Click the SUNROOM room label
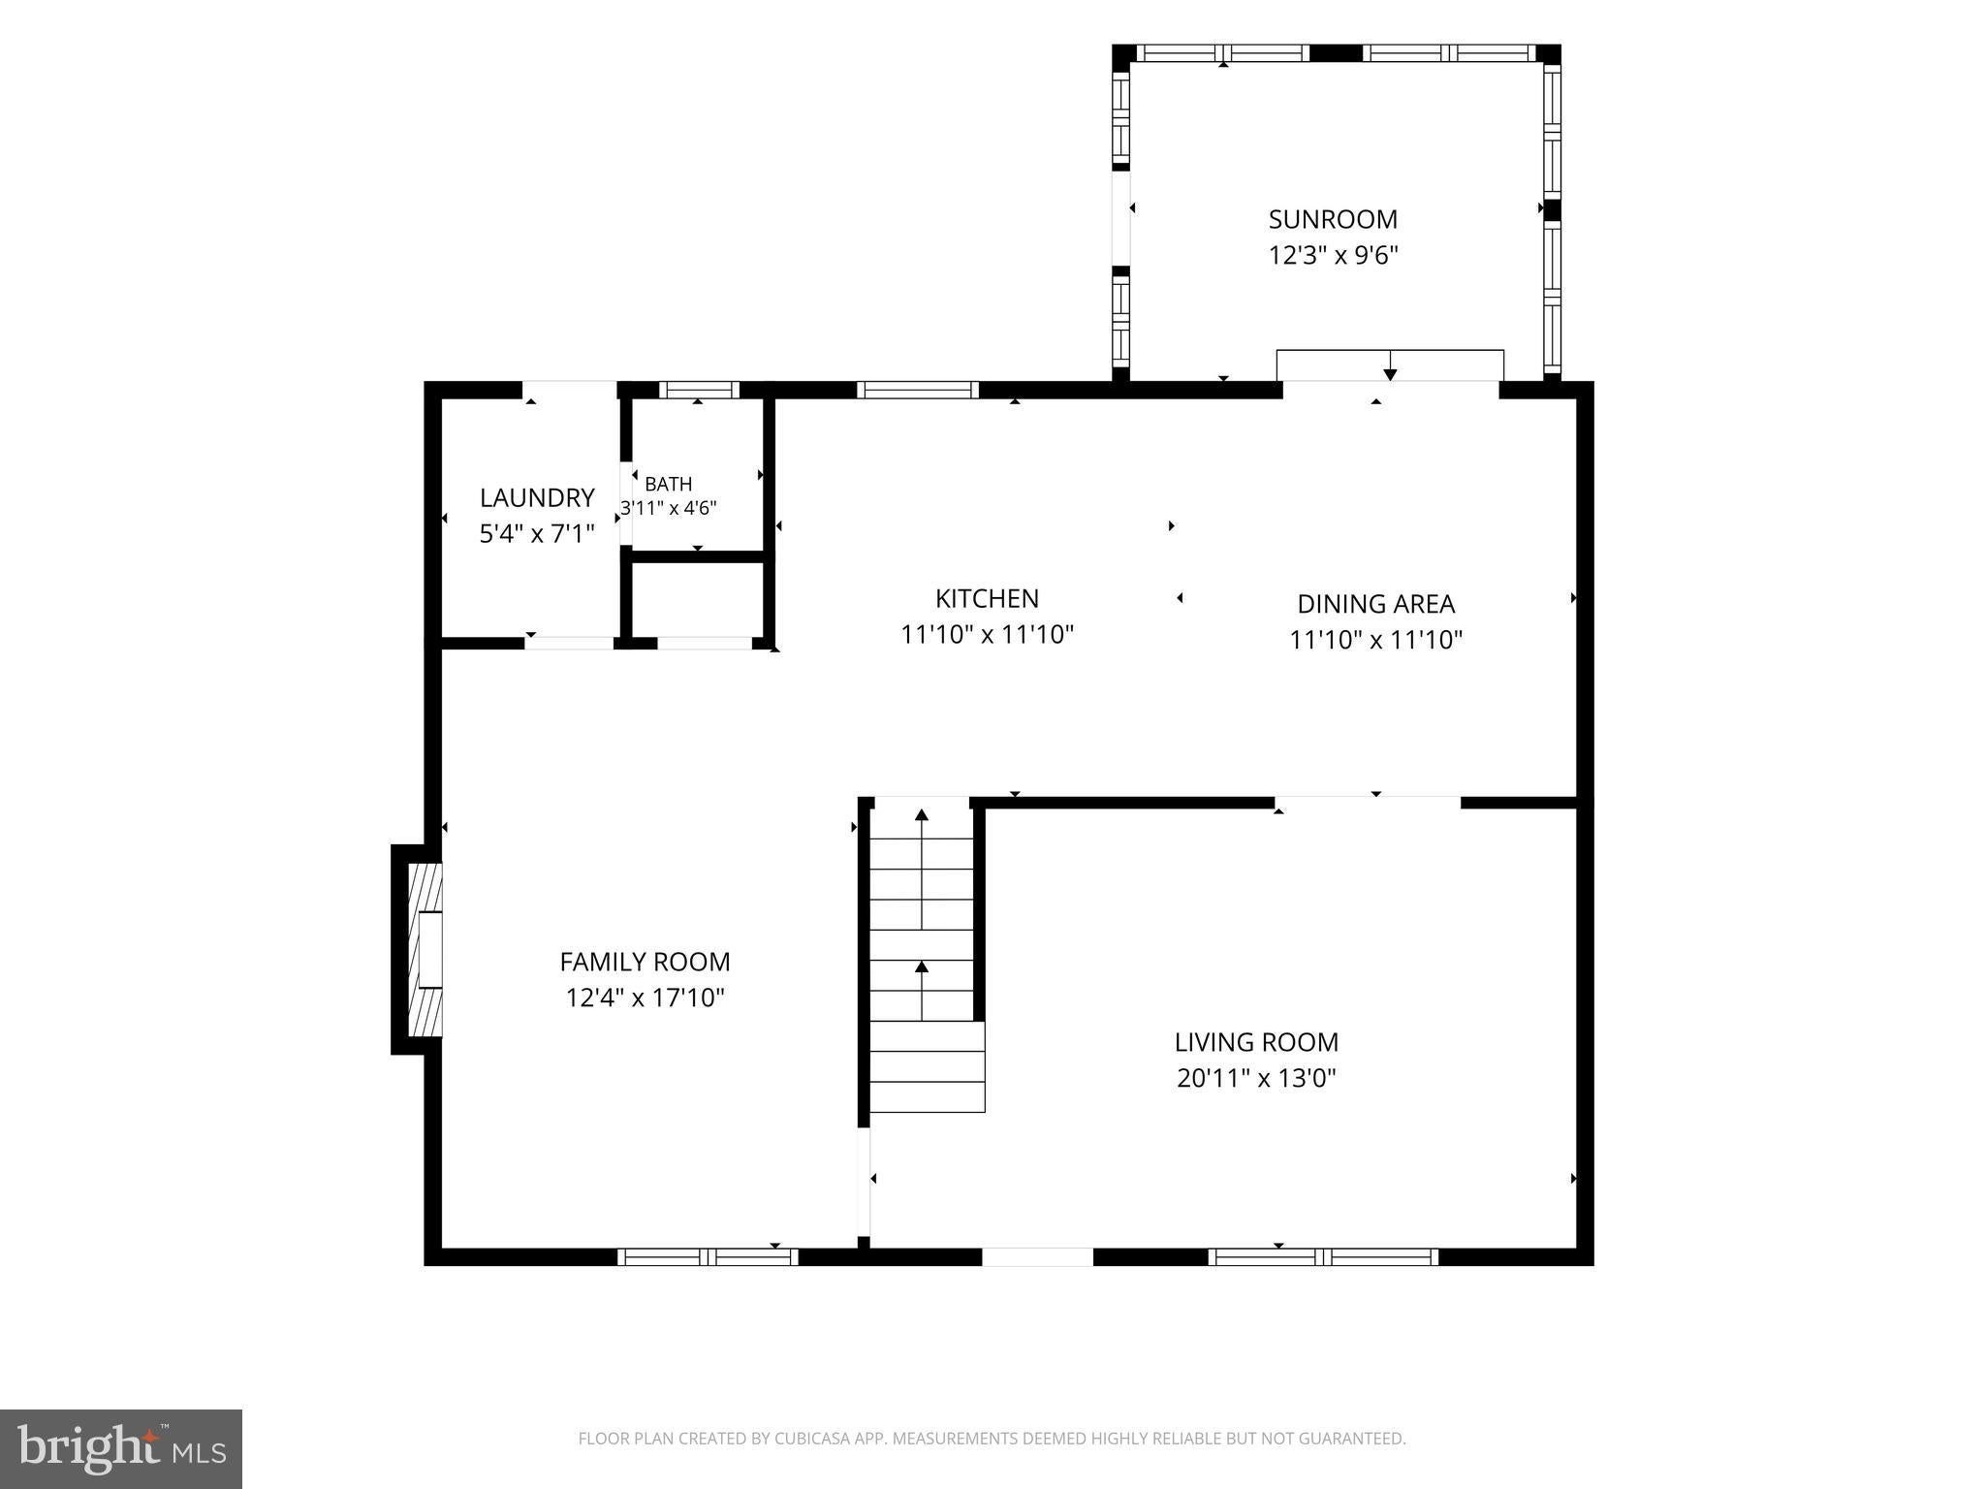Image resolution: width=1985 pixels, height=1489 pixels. tap(1333, 219)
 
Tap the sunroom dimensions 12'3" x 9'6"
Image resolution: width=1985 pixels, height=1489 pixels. tap(1333, 256)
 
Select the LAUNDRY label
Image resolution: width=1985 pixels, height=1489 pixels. tap(537, 497)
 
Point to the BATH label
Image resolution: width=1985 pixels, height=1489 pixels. tap(669, 484)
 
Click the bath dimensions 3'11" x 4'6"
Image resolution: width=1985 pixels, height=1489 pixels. tap(669, 507)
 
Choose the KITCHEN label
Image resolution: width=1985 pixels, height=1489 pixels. tap(987, 598)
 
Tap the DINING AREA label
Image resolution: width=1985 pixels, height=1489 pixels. tap(1376, 604)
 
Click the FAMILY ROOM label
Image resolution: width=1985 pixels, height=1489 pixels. tap(645, 962)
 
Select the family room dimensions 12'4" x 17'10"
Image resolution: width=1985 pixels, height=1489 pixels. tap(645, 998)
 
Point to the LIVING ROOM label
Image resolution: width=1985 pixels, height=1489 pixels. tap(1256, 1042)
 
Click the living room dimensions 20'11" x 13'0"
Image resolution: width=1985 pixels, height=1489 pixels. tap(1256, 1078)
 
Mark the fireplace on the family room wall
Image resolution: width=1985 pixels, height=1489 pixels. tap(418, 950)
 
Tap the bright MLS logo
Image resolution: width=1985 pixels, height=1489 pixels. tap(121, 1448)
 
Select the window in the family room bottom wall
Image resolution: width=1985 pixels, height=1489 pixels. tap(708, 1257)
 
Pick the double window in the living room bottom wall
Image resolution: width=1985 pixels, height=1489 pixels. tap(1323, 1257)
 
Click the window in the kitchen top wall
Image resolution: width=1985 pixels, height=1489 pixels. tap(918, 390)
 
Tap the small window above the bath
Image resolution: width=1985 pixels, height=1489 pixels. tap(699, 390)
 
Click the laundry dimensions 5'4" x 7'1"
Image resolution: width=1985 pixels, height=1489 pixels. tap(537, 533)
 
